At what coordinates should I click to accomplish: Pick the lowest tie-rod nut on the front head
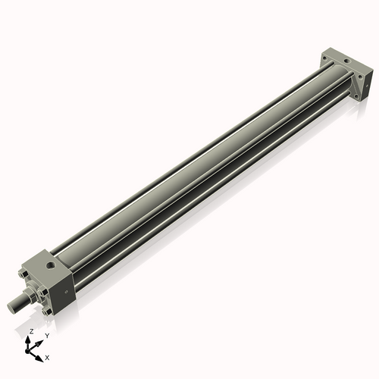coord(47,311)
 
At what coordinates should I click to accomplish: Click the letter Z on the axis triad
coord(31,332)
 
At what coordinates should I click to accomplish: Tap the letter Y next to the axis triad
coord(47,334)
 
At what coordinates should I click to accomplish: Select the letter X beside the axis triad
coord(48,356)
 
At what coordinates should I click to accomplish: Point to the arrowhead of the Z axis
coord(29,339)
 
